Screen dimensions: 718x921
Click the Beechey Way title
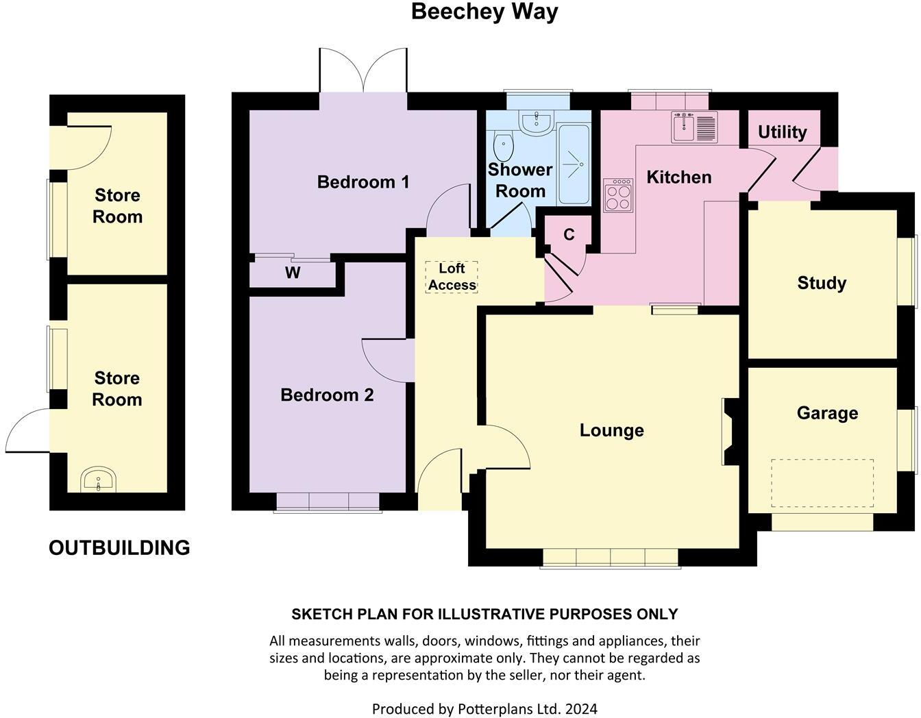[x=484, y=12]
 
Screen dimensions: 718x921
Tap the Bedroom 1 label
[x=363, y=182]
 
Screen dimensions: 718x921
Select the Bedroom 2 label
[x=327, y=395]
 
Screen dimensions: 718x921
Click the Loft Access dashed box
[x=452, y=277]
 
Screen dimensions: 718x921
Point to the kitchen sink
[x=694, y=127]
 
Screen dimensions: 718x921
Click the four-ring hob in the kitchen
[x=617, y=195]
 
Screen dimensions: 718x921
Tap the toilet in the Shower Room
[x=504, y=145]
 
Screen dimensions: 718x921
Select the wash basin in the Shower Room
[x=537, y=123]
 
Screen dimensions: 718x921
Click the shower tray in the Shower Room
[x=574, y=164]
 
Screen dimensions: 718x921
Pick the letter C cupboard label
[x=569, y=234]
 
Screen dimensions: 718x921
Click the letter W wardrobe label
[x=293, y=273]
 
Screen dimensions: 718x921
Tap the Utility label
[x=782, y=132]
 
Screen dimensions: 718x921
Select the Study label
[x=822, y=283]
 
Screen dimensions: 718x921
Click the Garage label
[x=827, y=413]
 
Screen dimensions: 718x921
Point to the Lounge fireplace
[x=729, y=432]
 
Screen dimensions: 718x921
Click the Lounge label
[x=611, y=430]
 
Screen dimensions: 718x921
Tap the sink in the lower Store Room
[x=99, y=480]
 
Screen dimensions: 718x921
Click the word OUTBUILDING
[x=119, y=547]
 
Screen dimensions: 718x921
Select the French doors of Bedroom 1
[x=363, y=71]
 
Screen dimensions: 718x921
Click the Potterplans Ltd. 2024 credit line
[x=484, y=708]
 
